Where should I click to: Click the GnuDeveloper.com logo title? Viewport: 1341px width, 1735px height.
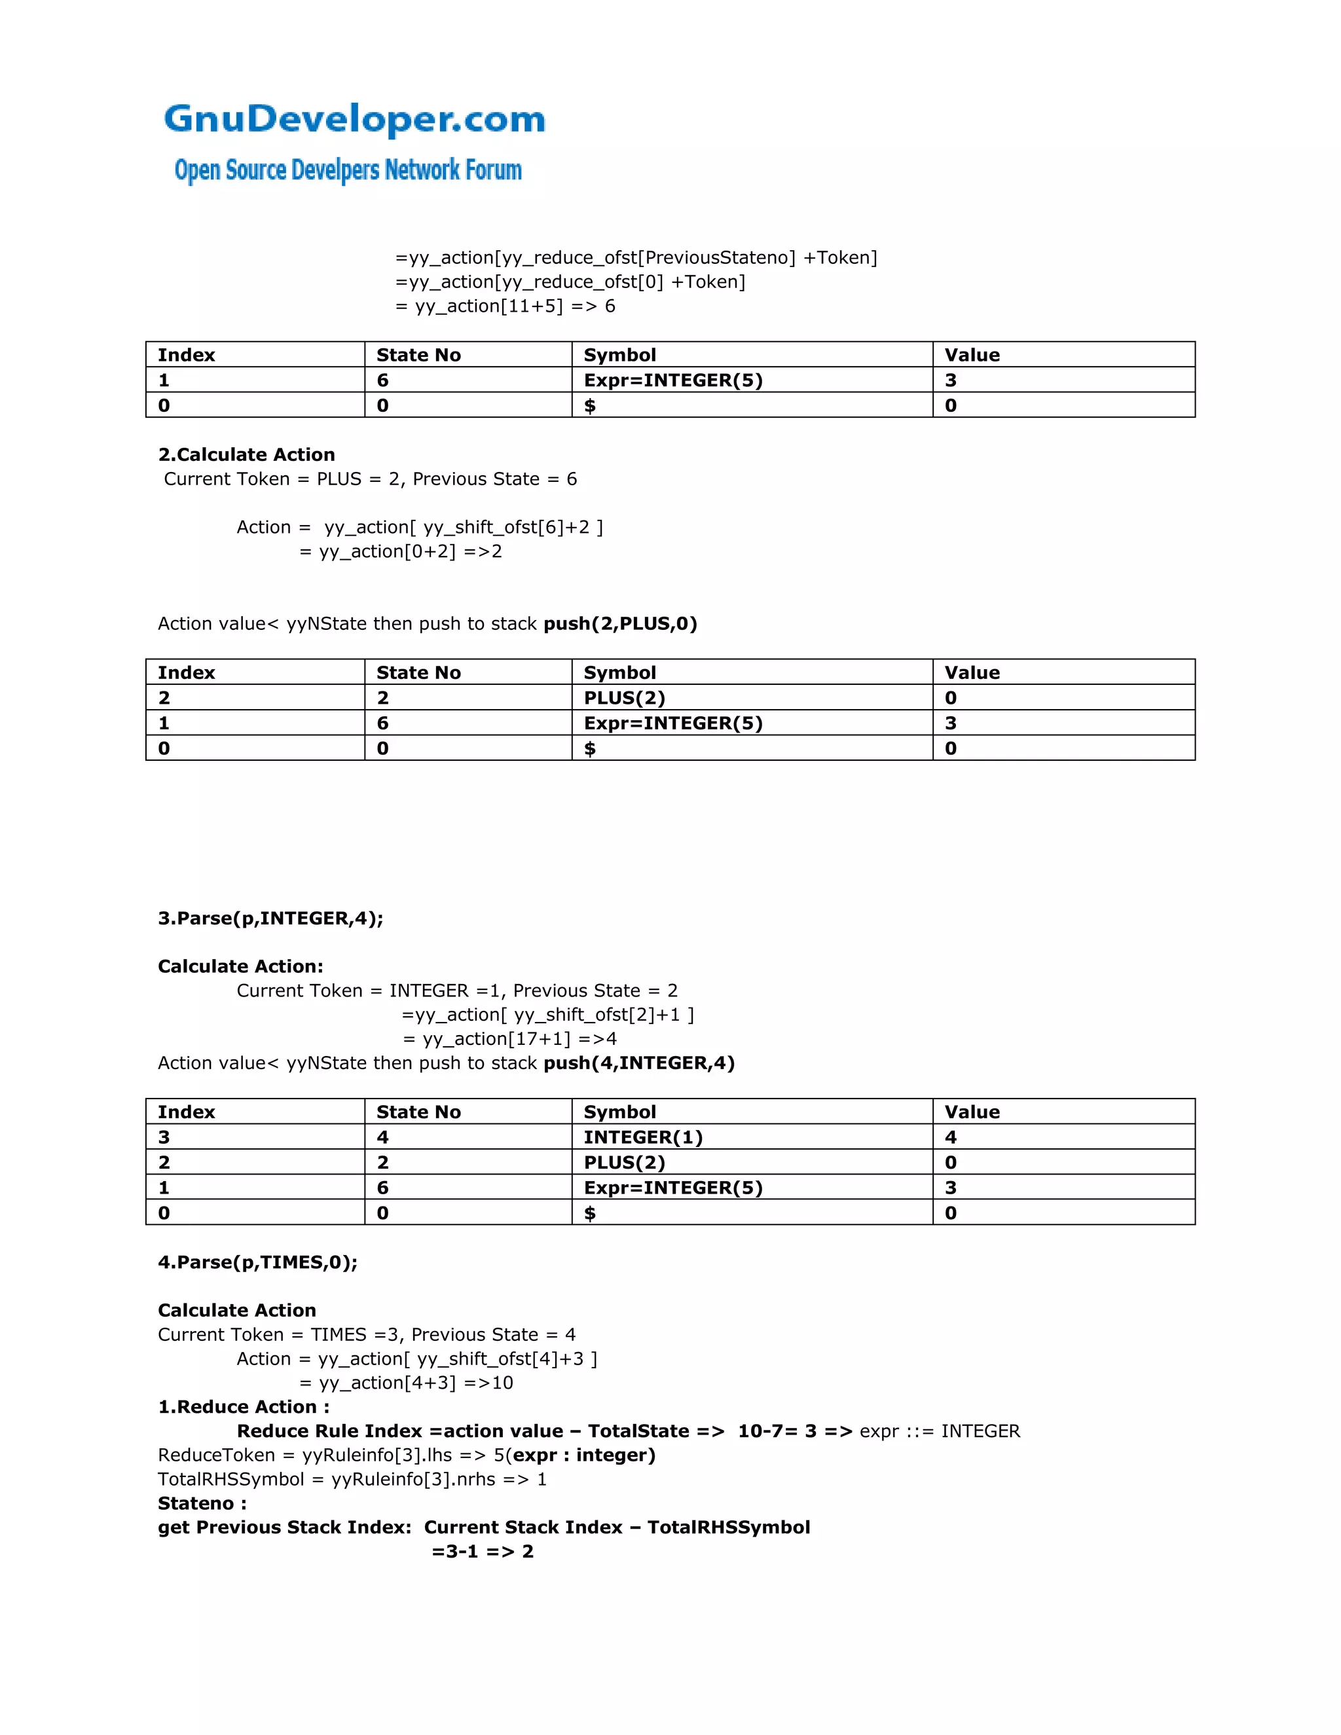[354, 119]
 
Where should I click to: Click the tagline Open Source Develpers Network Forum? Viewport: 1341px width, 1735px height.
[348, 170]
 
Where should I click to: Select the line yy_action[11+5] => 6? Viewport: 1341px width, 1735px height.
[505, 306]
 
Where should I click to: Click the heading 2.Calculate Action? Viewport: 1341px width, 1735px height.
[246, 454]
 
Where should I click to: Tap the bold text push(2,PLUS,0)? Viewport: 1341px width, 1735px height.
[619, 623]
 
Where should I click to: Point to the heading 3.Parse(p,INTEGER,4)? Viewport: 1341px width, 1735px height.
[270, 919]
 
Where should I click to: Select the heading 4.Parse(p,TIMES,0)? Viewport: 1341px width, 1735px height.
[257, 1262]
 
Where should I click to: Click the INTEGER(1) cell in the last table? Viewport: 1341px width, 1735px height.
[643, 1137]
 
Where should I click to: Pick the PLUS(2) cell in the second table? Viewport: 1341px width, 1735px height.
[625, 697]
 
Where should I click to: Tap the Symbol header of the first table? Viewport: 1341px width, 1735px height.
[619, 355]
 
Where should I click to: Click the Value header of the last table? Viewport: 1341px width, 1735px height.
[972, 1112]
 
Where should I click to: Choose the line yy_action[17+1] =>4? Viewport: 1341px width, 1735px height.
[509, 1039]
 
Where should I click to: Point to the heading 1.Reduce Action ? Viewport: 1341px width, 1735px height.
[243, 1407]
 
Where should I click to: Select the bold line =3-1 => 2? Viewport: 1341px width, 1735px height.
[482, 1552]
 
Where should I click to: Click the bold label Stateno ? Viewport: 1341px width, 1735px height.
[202, 1503]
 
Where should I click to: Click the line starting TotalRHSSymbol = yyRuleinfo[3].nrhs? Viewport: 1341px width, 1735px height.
[352, 1479]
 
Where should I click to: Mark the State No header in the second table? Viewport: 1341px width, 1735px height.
[418, 673]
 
